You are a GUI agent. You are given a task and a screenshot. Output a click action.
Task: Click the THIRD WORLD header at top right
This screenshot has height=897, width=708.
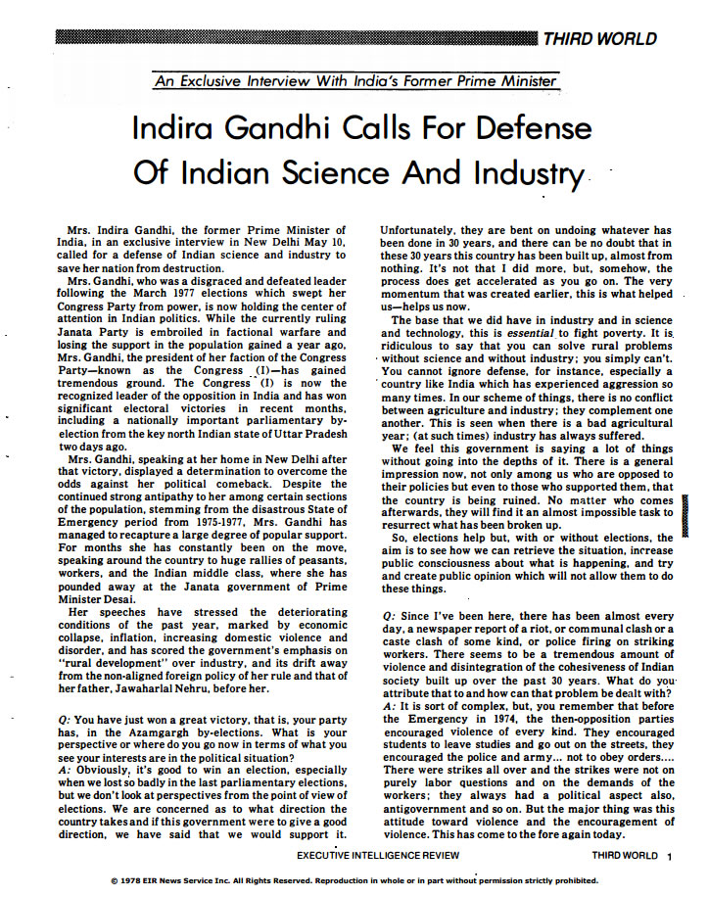(614, 39)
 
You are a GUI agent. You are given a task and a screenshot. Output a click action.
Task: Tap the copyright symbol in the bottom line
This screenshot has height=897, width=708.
(116, 880)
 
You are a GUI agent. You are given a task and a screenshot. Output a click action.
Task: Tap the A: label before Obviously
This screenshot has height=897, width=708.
(67, 769)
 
